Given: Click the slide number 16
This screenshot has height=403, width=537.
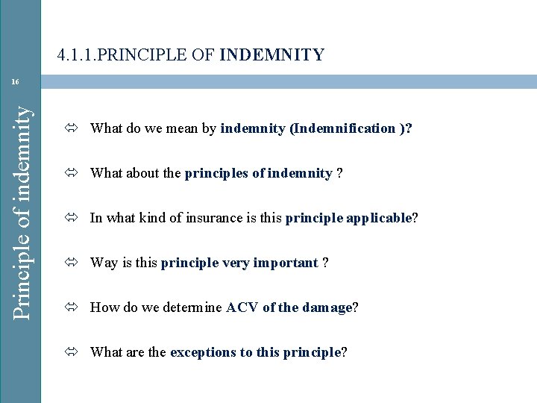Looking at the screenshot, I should (15, 81).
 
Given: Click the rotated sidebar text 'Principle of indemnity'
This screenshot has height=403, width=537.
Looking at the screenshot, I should (24, 201).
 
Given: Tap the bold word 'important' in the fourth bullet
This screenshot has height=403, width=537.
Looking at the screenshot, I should (285, 263).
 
